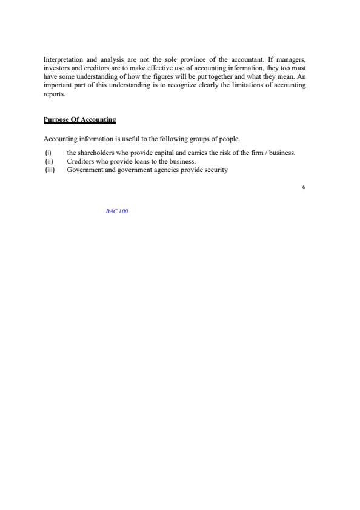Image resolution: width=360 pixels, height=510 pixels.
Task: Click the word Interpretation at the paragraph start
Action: tap(61, 60)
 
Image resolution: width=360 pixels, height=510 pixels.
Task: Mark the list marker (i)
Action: tap(48, 153)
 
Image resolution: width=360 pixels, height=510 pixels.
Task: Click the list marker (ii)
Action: tap(49, 161)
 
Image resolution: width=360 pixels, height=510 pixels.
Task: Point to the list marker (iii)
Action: tap(50, 170)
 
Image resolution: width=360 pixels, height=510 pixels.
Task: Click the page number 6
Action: tap(303, 187)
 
